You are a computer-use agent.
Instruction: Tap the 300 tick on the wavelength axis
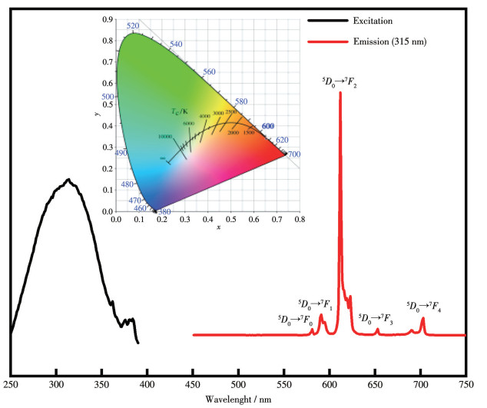click(56, 384)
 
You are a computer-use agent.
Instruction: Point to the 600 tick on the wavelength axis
click(330, 384)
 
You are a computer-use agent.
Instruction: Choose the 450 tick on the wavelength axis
click(193, 384)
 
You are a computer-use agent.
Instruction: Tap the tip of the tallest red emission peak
click(340, 93)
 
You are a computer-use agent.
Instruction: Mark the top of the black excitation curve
click(68, 180)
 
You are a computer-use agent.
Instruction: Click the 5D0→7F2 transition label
click(340, 80)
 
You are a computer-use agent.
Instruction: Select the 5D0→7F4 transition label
click(423, 305)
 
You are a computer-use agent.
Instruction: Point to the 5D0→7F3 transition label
click(376, 319)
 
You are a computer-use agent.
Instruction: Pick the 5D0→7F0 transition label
click(295, 319)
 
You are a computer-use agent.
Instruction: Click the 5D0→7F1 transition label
click(315, 304)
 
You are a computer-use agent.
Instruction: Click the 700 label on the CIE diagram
click(294, 154)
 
